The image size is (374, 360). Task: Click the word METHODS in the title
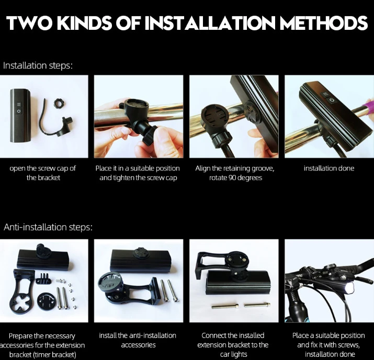point(323,23)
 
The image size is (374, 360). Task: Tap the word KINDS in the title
point(84,23)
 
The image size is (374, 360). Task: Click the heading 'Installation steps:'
point(38,65)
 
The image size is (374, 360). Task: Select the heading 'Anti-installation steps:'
point(48,227)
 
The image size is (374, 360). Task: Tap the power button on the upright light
point(19,111)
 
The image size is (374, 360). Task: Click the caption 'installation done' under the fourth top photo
point(329,168)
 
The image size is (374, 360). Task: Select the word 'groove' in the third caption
point(263,168)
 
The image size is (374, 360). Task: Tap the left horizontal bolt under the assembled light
point(225,306)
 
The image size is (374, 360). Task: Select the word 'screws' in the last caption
point(349,345)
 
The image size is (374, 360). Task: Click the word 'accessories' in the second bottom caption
point(138,345)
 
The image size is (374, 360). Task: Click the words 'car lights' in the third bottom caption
point(233,355)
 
